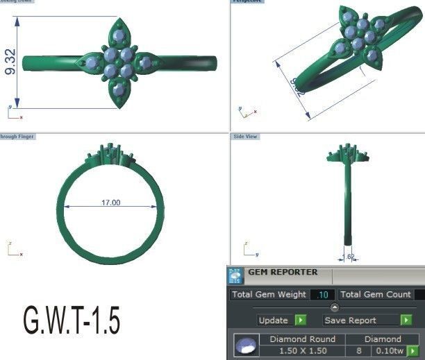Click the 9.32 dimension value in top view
10,62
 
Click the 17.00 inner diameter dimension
110,203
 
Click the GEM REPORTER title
283,273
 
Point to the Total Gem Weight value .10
322,295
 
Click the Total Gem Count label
375,295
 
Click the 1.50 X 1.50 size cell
302,351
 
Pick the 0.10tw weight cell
390,351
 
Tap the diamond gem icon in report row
244,345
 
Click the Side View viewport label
245,137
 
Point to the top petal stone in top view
119,33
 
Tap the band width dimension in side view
351,257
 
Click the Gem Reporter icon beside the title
236,275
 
